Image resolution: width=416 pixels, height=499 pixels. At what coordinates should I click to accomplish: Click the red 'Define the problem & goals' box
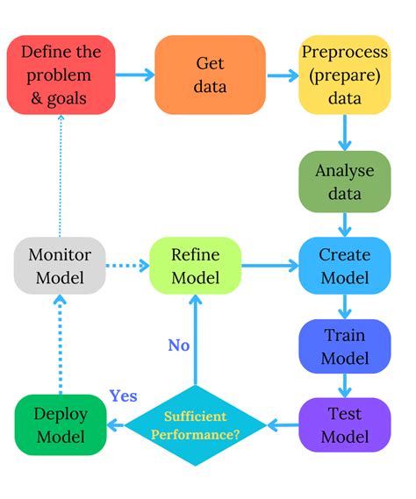click(x=61, y=75)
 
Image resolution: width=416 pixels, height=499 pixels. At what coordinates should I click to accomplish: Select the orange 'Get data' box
click(x=210, y=75)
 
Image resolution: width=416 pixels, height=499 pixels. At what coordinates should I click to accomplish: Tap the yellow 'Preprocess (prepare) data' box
click(x=344, y=75)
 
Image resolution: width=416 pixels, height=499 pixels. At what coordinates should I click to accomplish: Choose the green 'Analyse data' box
click(x=344, y=182)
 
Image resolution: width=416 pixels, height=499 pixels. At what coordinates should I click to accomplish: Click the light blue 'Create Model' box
click(x=344, y=266)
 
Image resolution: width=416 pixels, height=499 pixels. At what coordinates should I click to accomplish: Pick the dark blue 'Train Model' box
click(x=344, y=346)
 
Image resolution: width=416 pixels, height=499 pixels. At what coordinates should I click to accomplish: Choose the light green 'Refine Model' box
click(x=196, y=266)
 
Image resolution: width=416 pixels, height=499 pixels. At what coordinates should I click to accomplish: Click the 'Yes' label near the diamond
click(x=123, y=396)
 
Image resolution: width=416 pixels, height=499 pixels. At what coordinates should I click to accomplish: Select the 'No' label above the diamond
click(x=179, y=346)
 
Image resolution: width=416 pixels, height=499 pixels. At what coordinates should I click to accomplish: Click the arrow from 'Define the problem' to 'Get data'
click(x=133, y=75)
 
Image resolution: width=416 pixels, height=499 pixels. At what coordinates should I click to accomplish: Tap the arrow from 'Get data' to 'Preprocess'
click(x=281, y=75)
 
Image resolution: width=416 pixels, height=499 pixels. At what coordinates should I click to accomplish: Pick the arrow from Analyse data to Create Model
click(x=344, y=224)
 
